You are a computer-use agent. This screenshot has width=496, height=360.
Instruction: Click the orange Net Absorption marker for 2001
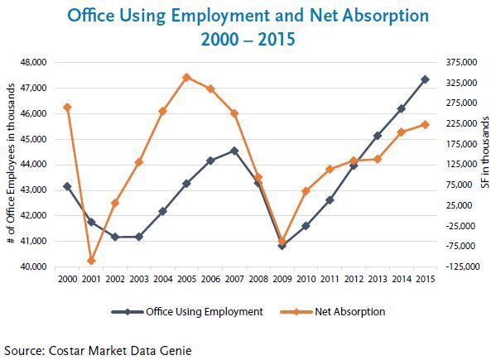[x=91, y=261]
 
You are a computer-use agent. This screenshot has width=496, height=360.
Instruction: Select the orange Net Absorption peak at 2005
[x=186, y=78]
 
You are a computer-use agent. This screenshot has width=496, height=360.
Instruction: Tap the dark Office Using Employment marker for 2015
[x=425, y=79]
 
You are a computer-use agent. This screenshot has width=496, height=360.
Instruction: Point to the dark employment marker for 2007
[x=234, y=151]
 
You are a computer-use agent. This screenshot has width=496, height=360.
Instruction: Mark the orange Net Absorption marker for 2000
[x=67, y=108]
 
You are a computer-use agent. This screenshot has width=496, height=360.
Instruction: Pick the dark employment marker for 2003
[x=139, y=237]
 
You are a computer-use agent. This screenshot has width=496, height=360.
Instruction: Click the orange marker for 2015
[x=425, y=124]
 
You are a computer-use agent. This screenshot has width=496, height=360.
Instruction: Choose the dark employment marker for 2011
[x=330, y=200]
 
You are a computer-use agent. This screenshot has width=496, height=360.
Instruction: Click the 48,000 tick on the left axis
[x=33, y=62]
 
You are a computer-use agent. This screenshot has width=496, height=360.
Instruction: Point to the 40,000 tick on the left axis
[x=33, y=266]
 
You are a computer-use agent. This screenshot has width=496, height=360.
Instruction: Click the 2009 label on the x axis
[x=282, y=279]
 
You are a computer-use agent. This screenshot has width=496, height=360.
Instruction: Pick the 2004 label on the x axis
[x=163, y=279]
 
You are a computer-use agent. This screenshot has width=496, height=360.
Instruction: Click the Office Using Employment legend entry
[x=187, y=312]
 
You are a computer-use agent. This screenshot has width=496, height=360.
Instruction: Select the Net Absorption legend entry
[x=333, y=312]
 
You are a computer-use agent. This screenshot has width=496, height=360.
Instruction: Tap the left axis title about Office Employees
[x=11, y=163]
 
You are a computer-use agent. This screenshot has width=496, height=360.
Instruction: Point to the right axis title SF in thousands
[x=485, y=152]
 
